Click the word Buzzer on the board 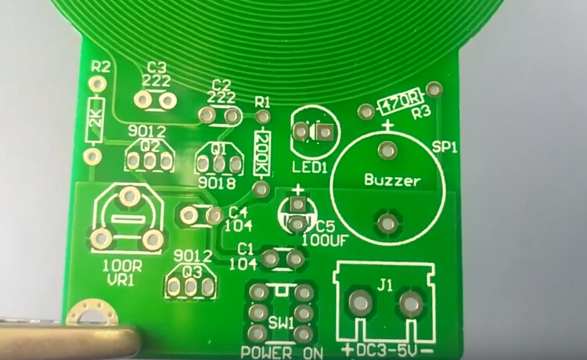pyautogui.click(x=392, y=181)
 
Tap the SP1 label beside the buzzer pyautogui.click(x=445, y=147)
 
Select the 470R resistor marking pyautogui.click(x=399, y=101)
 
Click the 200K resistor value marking pyautogui.click(x=261, y=153)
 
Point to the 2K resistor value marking pyautogui.click(x=95, y=120)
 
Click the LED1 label pyautogui.click(x=310, y=167)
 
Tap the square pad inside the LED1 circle pyautogui.click(x=325, y=131)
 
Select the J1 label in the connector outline pyautogui.click(x=384, y=286)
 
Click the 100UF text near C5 pyautogui.click(x=325, y=239)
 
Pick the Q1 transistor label pyautogui.click(x=218, y=149)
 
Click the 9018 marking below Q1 pyautogui.click(x=217, y=183)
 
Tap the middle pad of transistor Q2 pyautogui.click(x=149, y=161)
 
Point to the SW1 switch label pyautogui.click(x=281, y=324)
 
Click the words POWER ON pyautogui.click(x=282, y=352)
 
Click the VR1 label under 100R pyautogui.click(x=121, y=280)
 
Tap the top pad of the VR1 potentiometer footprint pyautogui.click(x=129, y=196)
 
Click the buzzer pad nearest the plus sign pyautogui.click(x=387, y=150)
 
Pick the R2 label pyautogui.click(x=101, y=67)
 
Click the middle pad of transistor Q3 pyautogui.click(x=190, y=286)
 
